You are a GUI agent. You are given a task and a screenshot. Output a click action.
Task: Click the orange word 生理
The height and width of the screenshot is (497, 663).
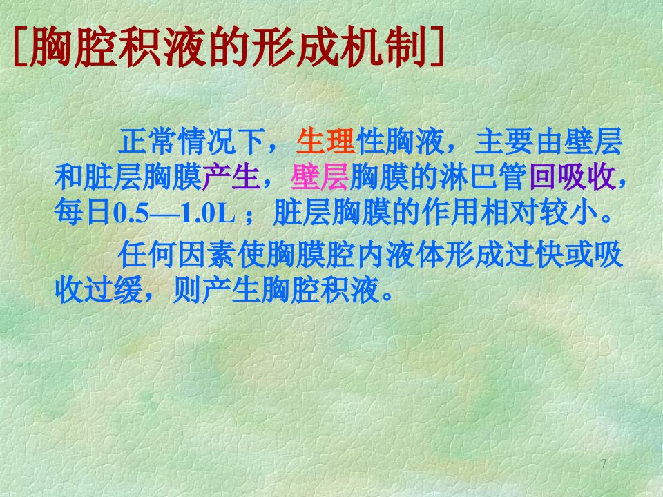[x=325, y=141]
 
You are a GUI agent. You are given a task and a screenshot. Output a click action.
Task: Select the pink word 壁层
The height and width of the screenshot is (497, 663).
[x=320, y=177]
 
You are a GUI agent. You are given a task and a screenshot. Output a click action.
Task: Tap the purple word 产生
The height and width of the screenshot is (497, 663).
[x=231, y=177]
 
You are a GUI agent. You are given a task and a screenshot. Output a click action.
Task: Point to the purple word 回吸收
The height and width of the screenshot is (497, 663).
[x=573, y=177]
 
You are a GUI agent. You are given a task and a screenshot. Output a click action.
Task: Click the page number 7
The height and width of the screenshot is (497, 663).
[x=604, y=464]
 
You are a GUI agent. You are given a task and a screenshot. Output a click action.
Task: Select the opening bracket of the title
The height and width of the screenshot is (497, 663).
[x=21, y=46]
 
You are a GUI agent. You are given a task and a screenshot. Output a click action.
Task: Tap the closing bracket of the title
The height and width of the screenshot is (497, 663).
[x=437, y=46]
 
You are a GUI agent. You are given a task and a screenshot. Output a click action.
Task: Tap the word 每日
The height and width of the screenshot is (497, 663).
[x=84, y=212]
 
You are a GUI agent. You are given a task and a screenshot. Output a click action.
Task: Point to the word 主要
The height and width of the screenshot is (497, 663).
[x=505, y=141]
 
